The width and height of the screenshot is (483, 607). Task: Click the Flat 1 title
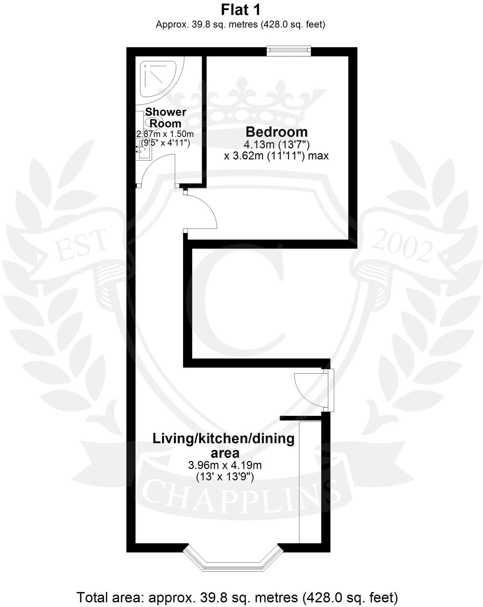(x=240, y=10)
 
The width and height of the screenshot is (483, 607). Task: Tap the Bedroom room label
(x=276, y=132)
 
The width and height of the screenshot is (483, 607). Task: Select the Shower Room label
(x=165, y=118)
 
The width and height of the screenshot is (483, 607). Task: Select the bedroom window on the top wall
(x=288, y=51)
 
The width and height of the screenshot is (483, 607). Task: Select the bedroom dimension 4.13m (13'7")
(x=276, y=145)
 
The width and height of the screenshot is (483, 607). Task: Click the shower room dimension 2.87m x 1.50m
(x=165, y=134)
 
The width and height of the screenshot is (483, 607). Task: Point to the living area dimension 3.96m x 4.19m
(x=225, y=465)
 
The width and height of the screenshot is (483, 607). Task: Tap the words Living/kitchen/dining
(x=223, y=439)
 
